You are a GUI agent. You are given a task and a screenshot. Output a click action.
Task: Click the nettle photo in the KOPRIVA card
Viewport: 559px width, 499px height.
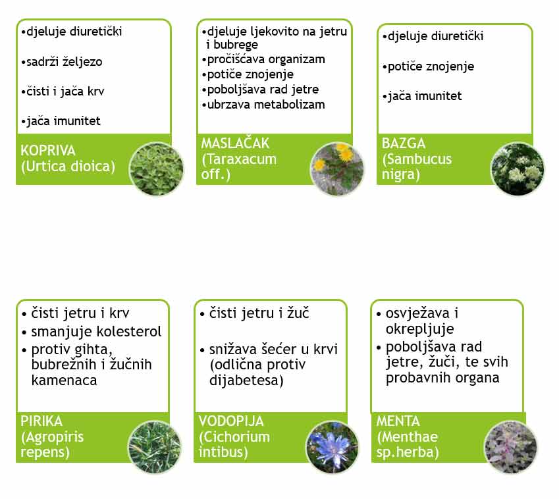pyautogui.click(x=157, y=169)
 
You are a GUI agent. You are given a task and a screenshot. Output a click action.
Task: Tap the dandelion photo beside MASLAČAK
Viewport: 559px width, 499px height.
pyautogui.click(x=337, y=169)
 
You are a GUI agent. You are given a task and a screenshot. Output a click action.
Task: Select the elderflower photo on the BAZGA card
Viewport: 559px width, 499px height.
pyautogui.click(x=518, y=169)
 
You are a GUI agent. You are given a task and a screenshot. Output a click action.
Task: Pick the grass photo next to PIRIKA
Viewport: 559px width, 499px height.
pyautogui.click(x=155, y=447)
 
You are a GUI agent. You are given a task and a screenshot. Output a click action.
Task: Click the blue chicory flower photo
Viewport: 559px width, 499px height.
pyautogui.click(x=333, y=447)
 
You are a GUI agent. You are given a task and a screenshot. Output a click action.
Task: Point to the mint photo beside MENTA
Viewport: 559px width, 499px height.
pyautogui.click(x=510, y=447)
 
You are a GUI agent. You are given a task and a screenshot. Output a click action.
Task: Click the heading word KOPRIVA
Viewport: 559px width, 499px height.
pyautogui.click(x=48, y=150)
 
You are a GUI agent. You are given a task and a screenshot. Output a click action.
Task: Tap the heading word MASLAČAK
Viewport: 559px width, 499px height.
pyautogui.click(x=235, y=143)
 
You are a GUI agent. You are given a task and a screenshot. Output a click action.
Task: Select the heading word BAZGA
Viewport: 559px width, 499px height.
pyautogui.click(x=404, y=144)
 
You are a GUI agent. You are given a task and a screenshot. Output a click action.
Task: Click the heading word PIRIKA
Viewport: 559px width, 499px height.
pyautogui.click(x=41, y=421)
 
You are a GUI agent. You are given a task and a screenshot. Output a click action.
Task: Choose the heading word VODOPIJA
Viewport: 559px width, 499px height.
pyautogui.click(x=231, y=421)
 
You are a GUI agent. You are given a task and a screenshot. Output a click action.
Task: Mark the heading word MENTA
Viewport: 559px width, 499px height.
pyautogui.click(x=398, y=421)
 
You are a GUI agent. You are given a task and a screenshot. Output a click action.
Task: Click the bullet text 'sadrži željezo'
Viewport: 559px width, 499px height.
pyautogui.click(x=65, y=62)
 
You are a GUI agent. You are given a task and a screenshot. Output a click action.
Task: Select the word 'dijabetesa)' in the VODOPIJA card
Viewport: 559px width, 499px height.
pyautogui.click(x=246, y=381)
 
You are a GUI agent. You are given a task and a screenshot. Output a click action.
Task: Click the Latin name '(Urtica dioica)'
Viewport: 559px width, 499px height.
pyautogui.click(x=68, y=167)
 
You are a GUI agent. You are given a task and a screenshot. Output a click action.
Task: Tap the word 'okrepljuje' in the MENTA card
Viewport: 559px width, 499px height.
pyautogui.click(x=420, y=329)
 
